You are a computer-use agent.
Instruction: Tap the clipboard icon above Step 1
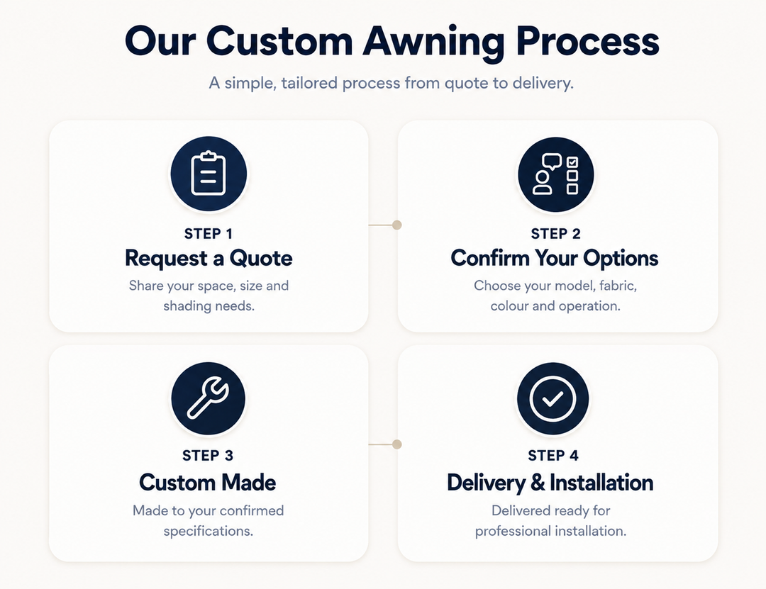pyautogui.click(x=209, y=174)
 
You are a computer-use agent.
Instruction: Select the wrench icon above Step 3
pyautogui.click(x=208, y=398)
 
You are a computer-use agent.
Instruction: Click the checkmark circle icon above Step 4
pyautogui.click(x=553, y=398)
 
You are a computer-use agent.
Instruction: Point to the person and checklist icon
pyautogui.click(x=556, y=174)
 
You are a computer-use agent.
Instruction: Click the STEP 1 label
pyautogui.click(x=209, y=234)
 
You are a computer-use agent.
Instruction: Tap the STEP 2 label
pyautogui.click(x=556, y=234)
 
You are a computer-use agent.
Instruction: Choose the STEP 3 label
pyautogui.click(x=208, y=456)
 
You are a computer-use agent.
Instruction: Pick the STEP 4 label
pyautogui.click(x=553, y=456)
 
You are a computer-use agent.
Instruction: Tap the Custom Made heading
pyautogui.click(x=208, y=483)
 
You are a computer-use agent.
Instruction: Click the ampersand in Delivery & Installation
pyautogui.click(x=538, y=483)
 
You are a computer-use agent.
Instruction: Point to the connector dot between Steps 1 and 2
pyautogui.click(x=397, y=225)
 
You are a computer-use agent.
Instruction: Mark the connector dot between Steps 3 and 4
pyautogui.click(x=397, y=444)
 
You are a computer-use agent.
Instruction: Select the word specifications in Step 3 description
pyautogui.click(x=209, y=531)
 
